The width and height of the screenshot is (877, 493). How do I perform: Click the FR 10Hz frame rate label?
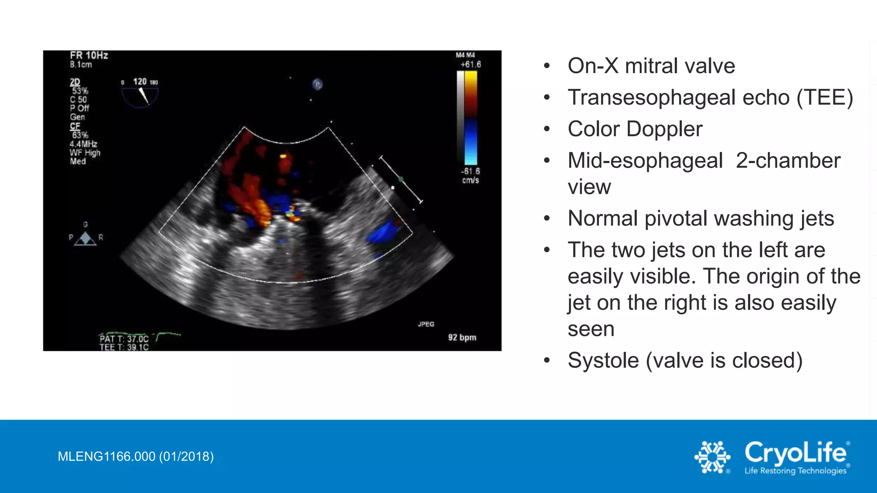coord(89,56)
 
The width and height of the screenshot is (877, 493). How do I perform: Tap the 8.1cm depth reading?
coord(81,65)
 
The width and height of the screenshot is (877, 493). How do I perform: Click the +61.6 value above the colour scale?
coord(471,65)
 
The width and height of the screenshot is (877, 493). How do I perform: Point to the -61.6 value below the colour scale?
coord(471,171)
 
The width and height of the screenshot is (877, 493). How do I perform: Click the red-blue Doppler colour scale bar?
coord(471,118)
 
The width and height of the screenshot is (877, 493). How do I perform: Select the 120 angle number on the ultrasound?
coord(140,81)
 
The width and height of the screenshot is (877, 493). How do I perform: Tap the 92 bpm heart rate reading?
coord(462,337)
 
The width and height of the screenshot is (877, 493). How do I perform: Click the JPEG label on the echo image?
coord(426,324)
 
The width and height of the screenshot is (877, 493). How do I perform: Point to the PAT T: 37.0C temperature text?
coord(124,339)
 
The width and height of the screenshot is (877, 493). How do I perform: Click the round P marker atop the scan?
coord(317,84)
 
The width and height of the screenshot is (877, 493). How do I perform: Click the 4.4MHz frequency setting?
coord(84,144)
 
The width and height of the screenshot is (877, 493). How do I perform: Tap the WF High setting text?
coord(85,153)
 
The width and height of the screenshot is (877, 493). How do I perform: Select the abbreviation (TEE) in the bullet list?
coord(825,98)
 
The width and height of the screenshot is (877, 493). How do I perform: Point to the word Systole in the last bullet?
coord(603,360)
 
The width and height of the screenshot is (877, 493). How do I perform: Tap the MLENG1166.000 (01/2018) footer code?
coord(136,457)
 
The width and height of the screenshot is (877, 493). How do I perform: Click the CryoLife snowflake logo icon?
coord(712,457)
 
